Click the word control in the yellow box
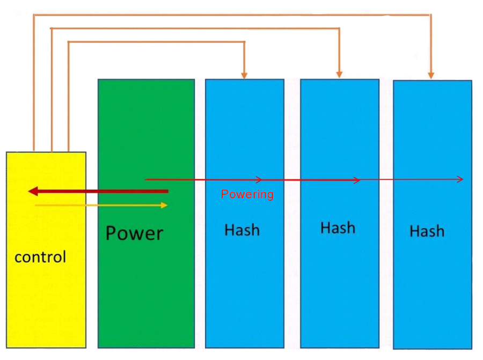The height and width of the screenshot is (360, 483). coord(40,257)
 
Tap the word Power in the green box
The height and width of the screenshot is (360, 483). coord(134,233)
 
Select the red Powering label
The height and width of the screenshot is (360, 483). coord(247,194)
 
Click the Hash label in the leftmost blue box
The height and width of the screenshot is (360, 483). coord(242,230)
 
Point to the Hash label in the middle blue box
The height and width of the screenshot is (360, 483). coord(338,228)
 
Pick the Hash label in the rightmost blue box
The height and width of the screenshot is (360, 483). coord(427,231)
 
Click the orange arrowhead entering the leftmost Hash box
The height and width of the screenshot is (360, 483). coord(245,75)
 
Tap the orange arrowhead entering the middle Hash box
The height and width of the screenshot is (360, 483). coord(339,75)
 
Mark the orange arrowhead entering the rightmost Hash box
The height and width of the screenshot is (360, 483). coord(430,75)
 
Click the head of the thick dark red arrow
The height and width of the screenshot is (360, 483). coord(32,192)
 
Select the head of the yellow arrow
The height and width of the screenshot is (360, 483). coord(164,205)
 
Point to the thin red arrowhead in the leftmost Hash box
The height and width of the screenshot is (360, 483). coord(259,179)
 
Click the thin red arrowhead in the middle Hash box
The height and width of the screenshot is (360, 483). coord(357,180)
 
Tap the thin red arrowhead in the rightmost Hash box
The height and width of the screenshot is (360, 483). coord(460,179)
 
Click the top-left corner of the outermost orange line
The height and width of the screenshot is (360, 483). coord(34,14)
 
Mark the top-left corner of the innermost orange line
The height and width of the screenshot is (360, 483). coord(69,41)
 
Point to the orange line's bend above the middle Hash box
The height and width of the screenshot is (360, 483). coord(339,28)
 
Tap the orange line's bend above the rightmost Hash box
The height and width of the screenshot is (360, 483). coord(430,14)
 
